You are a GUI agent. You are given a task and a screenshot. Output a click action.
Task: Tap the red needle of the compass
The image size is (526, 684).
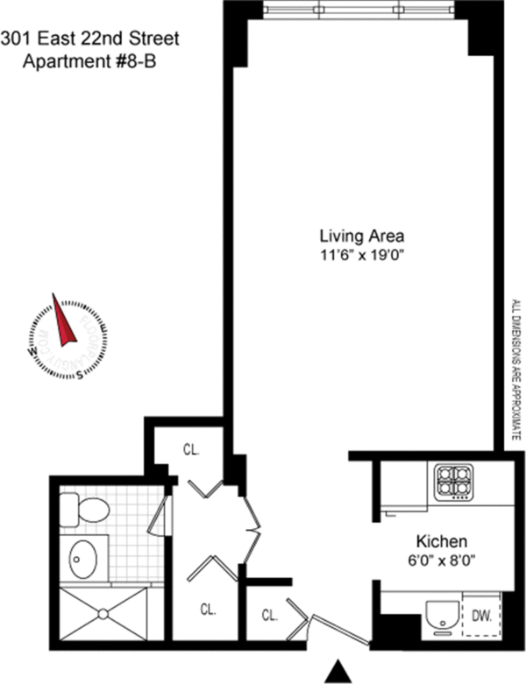(x=62, y=321)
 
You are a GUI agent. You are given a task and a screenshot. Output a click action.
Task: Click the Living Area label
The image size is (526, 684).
(x=362, y=236)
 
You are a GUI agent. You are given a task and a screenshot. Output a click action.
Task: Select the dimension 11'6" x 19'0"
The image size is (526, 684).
(x=362, y=256)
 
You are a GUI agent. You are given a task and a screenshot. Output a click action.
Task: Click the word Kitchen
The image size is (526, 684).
(x=440, y=541)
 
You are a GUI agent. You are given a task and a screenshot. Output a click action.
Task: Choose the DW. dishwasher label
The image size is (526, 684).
(x=482, y=616)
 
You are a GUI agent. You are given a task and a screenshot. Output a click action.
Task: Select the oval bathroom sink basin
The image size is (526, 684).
(x=86, y=557)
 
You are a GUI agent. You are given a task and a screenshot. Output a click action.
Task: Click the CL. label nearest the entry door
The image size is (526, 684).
(x=269, y=614)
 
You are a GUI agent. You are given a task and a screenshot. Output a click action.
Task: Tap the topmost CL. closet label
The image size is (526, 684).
(x=191, y=451)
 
